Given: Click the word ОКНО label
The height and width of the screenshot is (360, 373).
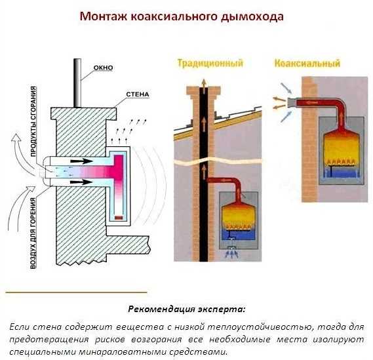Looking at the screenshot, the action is click(103, 68).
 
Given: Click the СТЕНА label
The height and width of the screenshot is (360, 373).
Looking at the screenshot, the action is click(138, 94).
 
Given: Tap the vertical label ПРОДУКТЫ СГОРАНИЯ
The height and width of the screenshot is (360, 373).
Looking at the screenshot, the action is click(33, 121).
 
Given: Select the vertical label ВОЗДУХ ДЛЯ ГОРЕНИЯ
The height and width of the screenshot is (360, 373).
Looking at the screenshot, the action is click(33, 233).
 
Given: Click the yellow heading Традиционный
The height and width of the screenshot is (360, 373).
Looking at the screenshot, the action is click(210, 64).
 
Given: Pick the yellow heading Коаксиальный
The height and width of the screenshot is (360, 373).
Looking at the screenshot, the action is click(307, 64).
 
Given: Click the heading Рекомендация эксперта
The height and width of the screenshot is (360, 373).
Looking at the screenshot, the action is click(186, 309).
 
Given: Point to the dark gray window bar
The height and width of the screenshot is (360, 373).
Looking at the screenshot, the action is click(77, 83).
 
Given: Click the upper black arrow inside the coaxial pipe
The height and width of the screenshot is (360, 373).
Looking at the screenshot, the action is click(81, 161).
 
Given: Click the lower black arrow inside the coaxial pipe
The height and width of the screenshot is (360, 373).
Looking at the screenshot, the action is click(81, 182).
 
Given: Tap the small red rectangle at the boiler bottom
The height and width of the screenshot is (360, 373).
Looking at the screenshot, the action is click(119, 218).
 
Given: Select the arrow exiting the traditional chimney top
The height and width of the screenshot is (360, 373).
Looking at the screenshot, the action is click(204, 83).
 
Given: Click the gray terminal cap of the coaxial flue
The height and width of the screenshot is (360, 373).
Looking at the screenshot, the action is click(292, 102).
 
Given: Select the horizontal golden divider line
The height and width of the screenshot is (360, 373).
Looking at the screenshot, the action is click(76, 292).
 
